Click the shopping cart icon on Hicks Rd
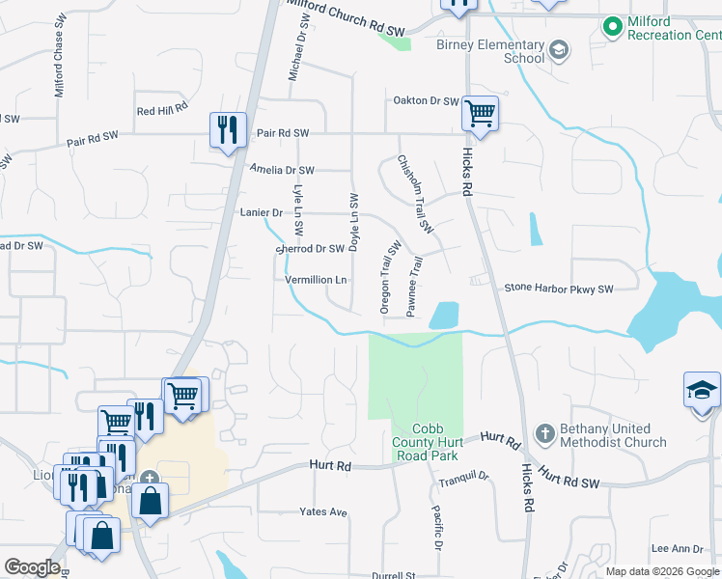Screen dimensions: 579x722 click(x=480, y=114)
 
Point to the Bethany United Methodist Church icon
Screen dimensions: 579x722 click(x=545, y=434)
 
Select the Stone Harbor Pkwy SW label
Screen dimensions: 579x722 click(x=559, y=289)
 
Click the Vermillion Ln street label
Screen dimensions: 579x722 click(x=316, y=280)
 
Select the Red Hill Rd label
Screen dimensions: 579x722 click(x=161, y=111)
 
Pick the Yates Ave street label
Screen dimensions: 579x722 click(x=322, y=511)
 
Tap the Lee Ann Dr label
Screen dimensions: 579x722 click(x=674, y=548)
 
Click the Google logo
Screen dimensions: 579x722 click(x=33, y=567)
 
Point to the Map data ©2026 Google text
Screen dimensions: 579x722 click(x=661, y=571)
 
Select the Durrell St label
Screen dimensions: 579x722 click(x=393, y=575)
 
